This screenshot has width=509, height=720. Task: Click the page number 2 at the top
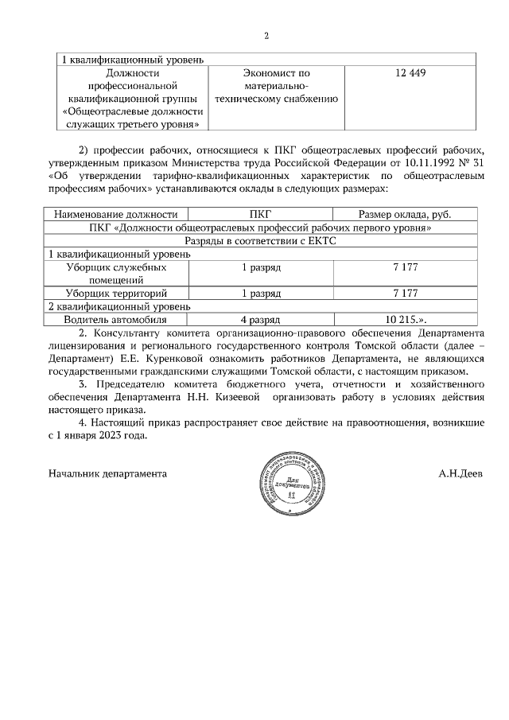(x=266, y=36)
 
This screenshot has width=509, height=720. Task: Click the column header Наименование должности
(x=115, y=214)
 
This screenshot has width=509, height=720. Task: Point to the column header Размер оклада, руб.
(x=405, y=214)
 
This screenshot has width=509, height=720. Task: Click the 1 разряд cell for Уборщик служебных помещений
(x=261, y=267)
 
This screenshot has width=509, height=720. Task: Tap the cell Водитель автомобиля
(x=116, y=319)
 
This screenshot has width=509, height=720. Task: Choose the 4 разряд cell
(x=261, y=319)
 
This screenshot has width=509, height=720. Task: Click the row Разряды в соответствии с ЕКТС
(x=261, y=240)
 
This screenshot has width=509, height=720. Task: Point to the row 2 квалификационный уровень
(x=119, y=306)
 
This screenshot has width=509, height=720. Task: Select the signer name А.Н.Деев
(x=460, y=472)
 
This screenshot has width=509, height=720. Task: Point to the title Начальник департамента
(x=107, y=472)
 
